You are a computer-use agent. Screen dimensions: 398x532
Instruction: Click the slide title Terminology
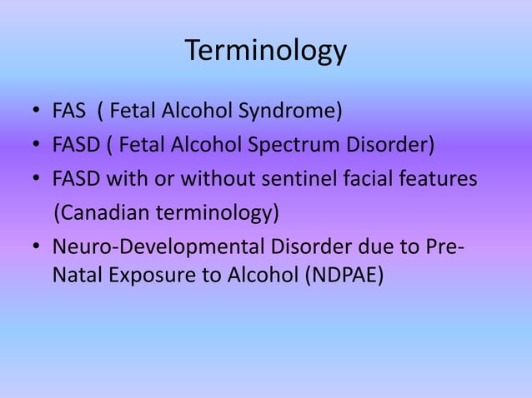click(265, 51)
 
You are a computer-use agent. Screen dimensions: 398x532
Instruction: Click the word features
click(435, 180)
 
